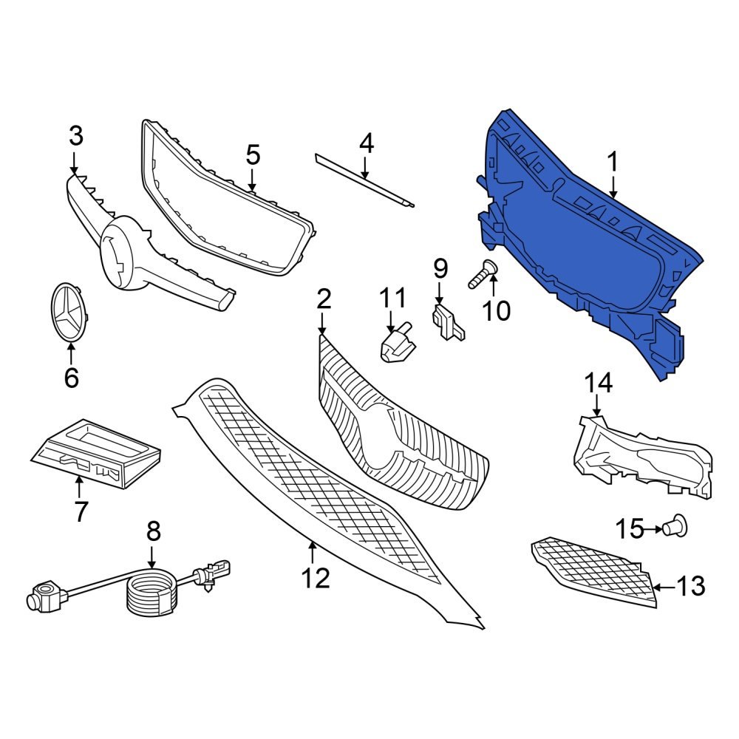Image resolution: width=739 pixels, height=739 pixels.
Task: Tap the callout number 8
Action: (x=153, y=531)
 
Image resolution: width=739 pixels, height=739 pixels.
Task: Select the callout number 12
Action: (x=316, y=578)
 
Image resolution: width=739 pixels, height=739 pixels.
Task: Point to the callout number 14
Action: (x=599, y=383)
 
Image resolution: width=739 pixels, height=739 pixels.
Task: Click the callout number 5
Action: (x=253, y=156)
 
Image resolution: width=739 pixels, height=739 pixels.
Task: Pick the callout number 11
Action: (x=392, y=299)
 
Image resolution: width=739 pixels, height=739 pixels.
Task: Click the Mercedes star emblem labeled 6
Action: (x=70, y=312)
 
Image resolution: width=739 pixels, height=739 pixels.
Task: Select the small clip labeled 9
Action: (x=448, y=322)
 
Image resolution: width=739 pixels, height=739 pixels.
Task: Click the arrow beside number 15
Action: (x=653, y=528)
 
